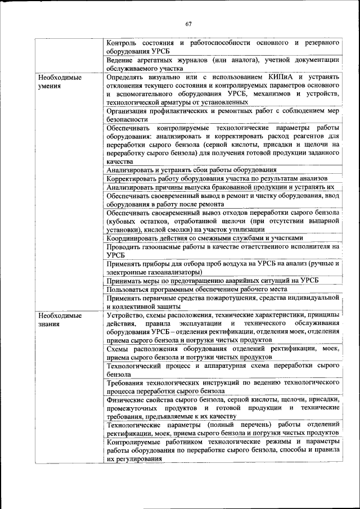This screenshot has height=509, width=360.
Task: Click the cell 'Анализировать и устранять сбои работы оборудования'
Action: (x=191, y=169)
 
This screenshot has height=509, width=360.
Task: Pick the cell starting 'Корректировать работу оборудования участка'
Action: (x=206, y=178)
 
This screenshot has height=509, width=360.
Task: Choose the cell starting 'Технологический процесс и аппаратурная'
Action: (x=222, y=370)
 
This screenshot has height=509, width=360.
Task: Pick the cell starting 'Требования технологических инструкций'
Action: (x=222, y=386)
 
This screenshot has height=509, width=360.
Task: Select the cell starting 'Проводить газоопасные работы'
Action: (x=222, y=250)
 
